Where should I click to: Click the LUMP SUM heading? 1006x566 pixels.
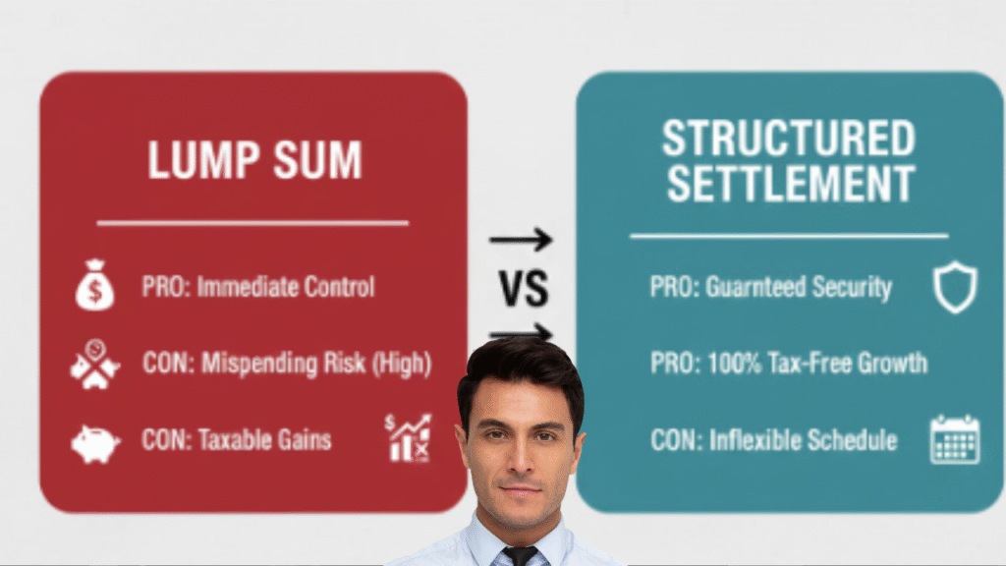pyautogui.click(x=253, y=160)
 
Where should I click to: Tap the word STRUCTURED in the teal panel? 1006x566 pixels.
pyautogui.click(x=788, y=139)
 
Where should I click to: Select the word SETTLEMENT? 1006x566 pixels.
pyautogui.click(x=788, y=184)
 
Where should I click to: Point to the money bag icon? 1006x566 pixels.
pyautogui.click(x=95, y=287)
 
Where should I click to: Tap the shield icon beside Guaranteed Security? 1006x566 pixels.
pyautogui.click(x=954, y=288)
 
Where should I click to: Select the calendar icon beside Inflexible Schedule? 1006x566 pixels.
pyautogui.click(x=954, y=439)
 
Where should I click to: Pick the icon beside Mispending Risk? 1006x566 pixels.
pyautogui.click(x=94, y=365)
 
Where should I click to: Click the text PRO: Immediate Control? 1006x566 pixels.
pyautogui.click(x=258, y=288)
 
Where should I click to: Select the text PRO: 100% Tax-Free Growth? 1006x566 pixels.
pyautogui.click(x=788, y=363)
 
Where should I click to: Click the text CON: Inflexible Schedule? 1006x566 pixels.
pyautogui.click(x=774, y=439)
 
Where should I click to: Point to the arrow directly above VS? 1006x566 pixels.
pyautogui.click(x=521, y=239)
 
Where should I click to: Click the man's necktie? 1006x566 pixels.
pyautogui.click(x=520, y=555)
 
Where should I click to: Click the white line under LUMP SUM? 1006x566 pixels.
pyautogui.click(x=252, y=223)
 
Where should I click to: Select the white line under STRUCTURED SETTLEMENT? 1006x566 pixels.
pyautogui.click(x=788, y=236)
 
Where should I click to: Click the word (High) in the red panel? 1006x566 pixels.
pyautogui.click(x=400, y=364)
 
